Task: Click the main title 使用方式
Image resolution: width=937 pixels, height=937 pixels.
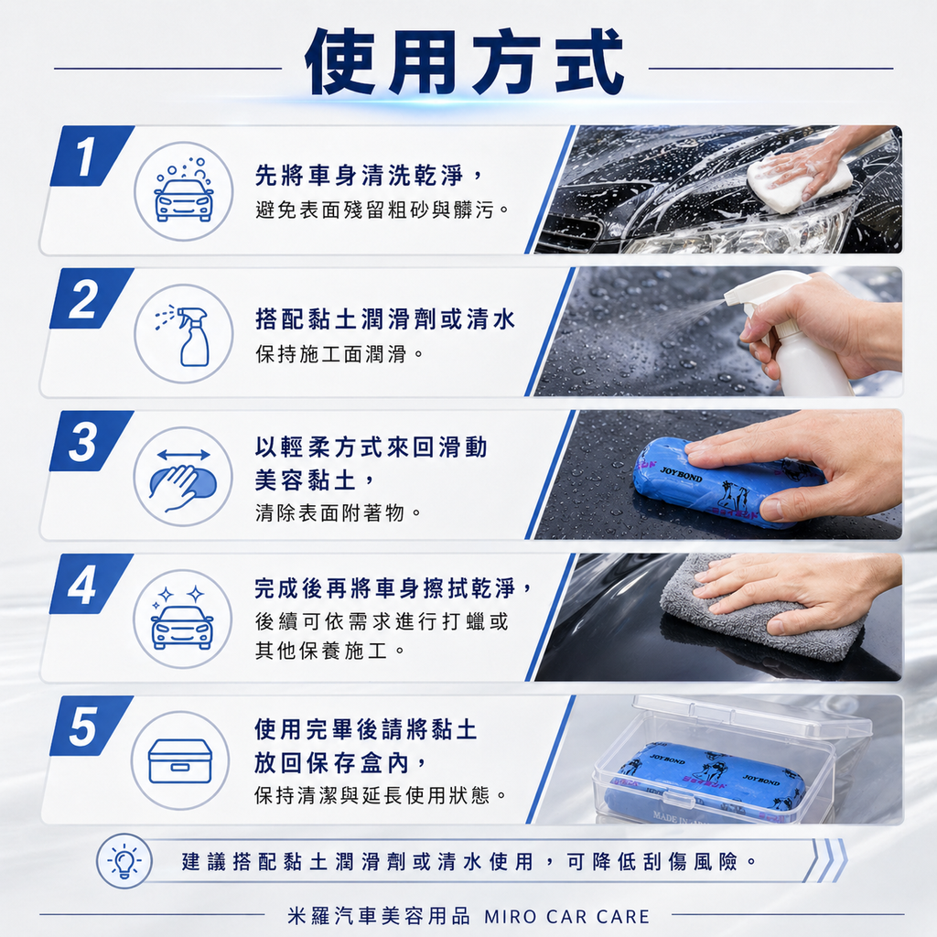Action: [465, 63]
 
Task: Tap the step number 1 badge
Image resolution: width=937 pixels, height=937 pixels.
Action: [92, 156]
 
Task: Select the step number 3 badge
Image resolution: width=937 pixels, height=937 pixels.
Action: [91, 442]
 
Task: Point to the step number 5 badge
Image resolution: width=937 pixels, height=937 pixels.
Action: [91, 726]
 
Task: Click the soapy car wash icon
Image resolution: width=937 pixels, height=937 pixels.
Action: [183, 191]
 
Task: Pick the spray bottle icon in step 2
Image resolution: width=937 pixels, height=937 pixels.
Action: [183, 333]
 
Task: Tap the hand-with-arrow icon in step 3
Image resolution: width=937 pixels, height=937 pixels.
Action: [183, 476]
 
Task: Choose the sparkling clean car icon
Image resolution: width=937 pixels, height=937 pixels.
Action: [182, 619]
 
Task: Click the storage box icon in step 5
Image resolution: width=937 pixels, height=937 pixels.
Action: [180, 760]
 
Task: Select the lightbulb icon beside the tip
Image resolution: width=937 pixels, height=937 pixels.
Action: [124, 861]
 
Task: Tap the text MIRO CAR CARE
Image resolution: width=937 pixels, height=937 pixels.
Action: [567, 917]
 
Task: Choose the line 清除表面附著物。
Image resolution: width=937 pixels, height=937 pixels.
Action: [339, 512]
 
